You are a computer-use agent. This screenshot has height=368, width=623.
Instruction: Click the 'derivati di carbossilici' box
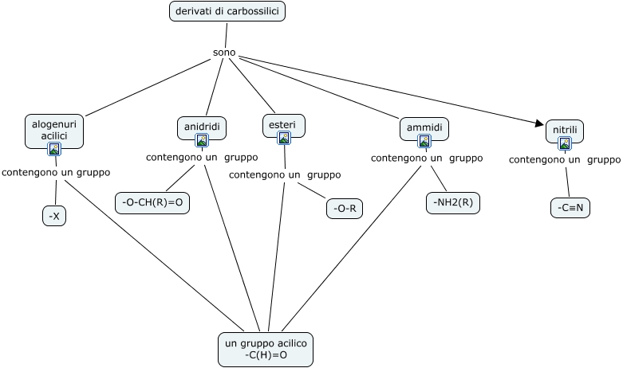[227, 11]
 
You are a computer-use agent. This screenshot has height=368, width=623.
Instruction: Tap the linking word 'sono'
[224, 53]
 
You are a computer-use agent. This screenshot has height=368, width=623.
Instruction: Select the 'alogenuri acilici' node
[54, 130]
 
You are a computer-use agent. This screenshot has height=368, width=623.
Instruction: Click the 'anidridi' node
[202, 127]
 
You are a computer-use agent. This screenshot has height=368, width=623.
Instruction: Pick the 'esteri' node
[283, 125]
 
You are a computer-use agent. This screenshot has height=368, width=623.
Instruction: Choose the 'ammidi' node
[424, 127]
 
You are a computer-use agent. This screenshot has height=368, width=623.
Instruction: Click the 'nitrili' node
[565, 130]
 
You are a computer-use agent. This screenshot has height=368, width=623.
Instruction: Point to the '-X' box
[54, 216]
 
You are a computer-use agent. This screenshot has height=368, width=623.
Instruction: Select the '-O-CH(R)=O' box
[152, 203]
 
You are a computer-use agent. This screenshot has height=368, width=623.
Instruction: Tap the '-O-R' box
[345, 209]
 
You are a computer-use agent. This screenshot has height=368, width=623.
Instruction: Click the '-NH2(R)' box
[453, 203]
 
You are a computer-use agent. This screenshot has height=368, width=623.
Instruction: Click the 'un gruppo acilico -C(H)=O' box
[266, 349]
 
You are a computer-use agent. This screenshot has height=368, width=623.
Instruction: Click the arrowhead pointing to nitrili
[538, 123]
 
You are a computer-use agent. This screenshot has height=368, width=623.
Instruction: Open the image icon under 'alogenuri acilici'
[54, 148]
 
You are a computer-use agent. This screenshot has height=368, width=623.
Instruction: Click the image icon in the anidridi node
[202, 140]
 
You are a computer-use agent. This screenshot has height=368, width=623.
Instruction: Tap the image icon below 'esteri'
[283, 138]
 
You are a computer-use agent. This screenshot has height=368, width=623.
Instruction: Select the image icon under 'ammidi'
[424, 141]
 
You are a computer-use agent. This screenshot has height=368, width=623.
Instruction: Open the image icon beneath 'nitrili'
[565, 143]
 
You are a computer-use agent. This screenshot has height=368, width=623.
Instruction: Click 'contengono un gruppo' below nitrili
[564, 159]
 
